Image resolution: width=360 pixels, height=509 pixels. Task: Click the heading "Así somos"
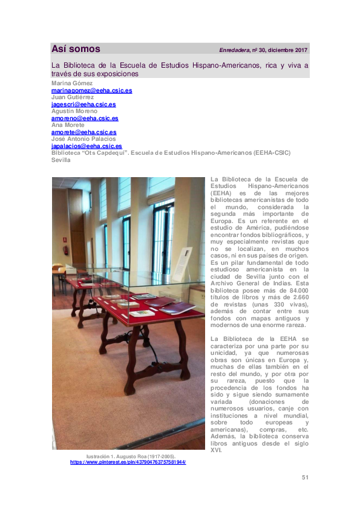point(76,50)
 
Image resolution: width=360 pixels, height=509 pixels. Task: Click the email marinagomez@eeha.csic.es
point(91,90)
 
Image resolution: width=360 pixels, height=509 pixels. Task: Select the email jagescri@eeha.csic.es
point(83,104)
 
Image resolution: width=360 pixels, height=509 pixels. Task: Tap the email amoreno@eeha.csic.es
point(85,118)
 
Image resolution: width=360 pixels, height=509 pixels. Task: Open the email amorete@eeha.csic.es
point(84,132)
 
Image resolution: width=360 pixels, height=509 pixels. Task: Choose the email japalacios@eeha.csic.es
point(87,146)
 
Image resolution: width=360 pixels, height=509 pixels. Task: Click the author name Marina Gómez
point(72,83)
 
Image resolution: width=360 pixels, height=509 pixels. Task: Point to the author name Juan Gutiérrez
point(73,97)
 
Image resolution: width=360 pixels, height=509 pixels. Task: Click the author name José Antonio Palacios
point(83,138)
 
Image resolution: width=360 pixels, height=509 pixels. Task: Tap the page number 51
point(305,478)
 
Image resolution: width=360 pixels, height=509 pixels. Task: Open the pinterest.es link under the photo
point(128,462)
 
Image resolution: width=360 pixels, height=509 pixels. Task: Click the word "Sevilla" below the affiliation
point(61,160)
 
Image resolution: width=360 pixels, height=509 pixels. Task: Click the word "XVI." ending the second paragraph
point(217,451)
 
